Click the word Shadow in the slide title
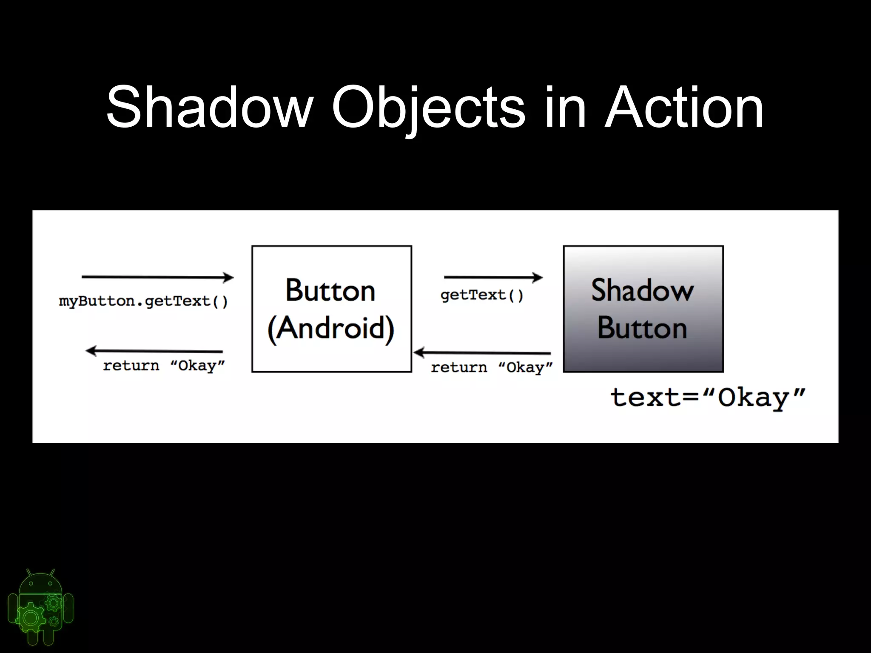coord(209,107)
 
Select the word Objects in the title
coord(428,107)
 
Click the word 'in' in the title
coord(565,107)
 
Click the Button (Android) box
coord(332,309)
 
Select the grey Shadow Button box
coord(643,309)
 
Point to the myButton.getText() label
coord(143,301)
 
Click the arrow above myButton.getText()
coord(157,277)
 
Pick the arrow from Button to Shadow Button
coord(493,277)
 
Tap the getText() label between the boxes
coord(482,295)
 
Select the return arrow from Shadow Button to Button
coord(482,352)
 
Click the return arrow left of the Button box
coord(154,351)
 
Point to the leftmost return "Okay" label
coord(164,366)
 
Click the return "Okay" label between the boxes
coord(492,367)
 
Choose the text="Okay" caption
coord(708,398)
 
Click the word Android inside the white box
coord(331,328)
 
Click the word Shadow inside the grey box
coord(642,291)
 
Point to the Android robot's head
coord(40,583)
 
